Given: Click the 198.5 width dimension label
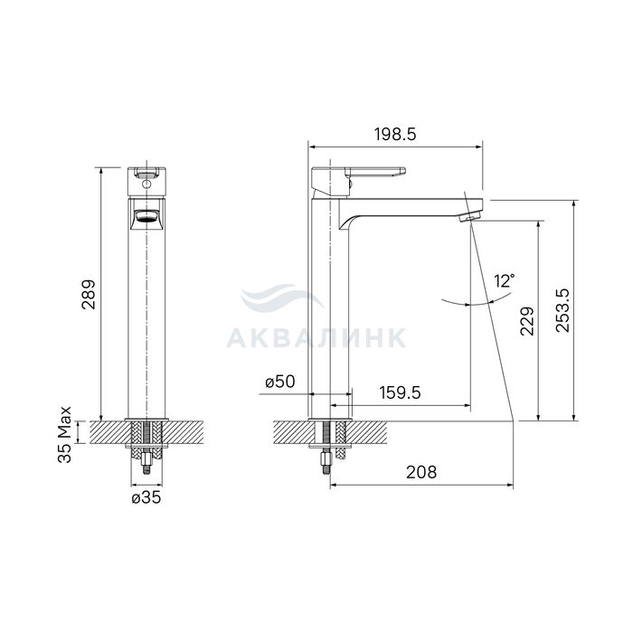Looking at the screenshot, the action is click(395, 135).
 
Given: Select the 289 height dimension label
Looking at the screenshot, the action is click(89, 295).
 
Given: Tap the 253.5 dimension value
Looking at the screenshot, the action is click(562, 310).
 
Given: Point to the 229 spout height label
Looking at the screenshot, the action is click(527, 321).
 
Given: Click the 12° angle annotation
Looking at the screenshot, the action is click(505, 279).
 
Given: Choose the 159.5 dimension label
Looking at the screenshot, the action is click(400, 392).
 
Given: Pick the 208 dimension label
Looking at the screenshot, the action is click(421, 471).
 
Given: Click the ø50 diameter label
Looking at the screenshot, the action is click(280, 382).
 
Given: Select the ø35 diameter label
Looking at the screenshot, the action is click(146, 497).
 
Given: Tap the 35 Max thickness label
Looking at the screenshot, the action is click(64, 434).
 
